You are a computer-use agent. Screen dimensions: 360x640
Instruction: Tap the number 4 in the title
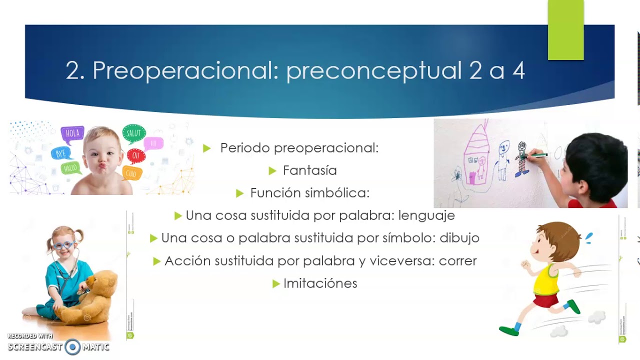518,71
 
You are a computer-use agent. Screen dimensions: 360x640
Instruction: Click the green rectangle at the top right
565,30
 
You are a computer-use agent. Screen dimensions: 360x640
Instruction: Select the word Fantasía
310,170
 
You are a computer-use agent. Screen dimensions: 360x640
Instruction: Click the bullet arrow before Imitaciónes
276,284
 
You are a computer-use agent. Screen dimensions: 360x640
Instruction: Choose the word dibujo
459,238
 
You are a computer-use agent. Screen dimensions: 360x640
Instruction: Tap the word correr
456,260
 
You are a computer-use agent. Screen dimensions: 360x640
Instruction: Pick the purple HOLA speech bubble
72,134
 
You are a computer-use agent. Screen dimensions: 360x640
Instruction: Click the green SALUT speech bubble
133,133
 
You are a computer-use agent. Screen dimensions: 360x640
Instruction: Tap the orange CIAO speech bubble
131,173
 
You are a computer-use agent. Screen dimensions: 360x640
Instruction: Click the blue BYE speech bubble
61,153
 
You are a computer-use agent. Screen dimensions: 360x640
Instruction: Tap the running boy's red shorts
546,300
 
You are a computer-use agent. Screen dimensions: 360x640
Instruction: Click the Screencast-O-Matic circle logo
72,346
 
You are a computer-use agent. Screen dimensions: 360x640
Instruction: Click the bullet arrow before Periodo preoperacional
207,148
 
